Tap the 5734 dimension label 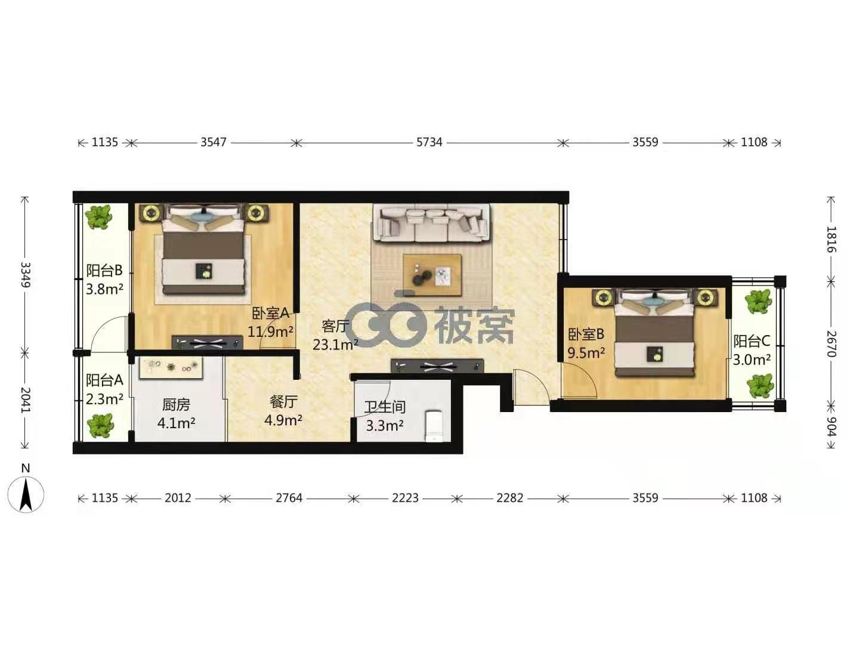point(429,142)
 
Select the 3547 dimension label point(214,142)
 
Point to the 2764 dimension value point(289,498)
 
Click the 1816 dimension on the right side point(831,239)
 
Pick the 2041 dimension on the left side point(24,400)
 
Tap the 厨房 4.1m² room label point(176,413)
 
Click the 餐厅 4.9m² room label point(283,411)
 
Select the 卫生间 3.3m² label point(384,416)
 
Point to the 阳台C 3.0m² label point(752,350)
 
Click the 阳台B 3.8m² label point(104,279)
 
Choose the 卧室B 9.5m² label point(586,344)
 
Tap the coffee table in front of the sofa point(432,275)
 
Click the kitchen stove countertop point(171,368)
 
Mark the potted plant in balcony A point(101,426)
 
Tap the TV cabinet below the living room point(437,366)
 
